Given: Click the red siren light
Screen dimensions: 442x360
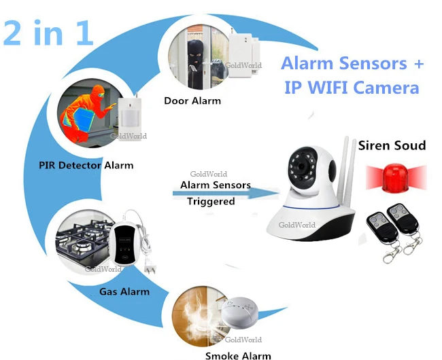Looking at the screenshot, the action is [396, 178].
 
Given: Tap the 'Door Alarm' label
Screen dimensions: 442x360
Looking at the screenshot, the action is [192, 101].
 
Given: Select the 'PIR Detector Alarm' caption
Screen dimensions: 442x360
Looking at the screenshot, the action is [86, 165].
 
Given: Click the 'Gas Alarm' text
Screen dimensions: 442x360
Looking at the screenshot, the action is [124, 291].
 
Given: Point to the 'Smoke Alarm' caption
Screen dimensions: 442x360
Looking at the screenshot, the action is [238, 355].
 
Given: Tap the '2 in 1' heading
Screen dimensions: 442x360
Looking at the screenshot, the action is [48, 33].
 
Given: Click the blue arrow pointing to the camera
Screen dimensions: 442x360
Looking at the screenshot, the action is [226, 193].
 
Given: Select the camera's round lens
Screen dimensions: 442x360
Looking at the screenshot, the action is [301, 166].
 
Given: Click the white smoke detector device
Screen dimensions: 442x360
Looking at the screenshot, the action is [239, 312].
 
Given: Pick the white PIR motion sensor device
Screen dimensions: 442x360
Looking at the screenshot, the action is [129, 115].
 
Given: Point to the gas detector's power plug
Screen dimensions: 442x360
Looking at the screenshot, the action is [150, 268].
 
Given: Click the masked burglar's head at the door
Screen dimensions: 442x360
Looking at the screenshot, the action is [195, 52].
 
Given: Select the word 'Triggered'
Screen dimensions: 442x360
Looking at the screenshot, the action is [211, 201].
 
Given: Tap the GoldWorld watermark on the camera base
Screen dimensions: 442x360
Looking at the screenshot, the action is [297, 225].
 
